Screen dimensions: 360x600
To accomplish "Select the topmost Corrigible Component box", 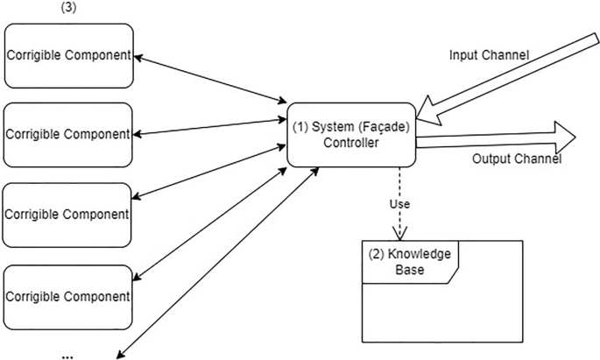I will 68,55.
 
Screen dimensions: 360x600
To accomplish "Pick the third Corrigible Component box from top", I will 68,214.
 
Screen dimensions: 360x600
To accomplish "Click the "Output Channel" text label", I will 516,159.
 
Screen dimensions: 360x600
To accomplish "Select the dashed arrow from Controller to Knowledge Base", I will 401,188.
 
